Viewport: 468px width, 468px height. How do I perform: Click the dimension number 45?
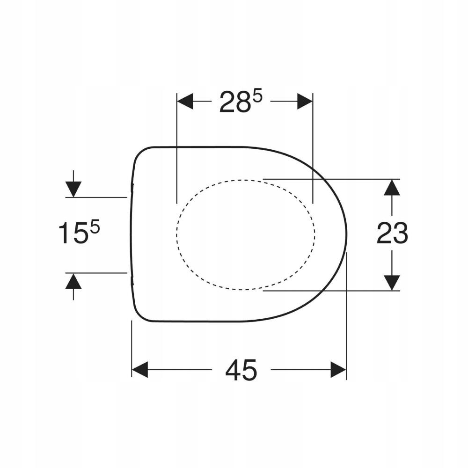coord(241,370)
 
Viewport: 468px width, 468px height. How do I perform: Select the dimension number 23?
coord(392,233)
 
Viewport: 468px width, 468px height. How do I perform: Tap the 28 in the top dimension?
coord(234,102)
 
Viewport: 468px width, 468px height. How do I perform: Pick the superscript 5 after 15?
coord(95,228)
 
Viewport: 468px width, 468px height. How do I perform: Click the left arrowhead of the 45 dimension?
coord(139,370)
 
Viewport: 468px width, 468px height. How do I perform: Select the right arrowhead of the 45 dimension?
coord(338,370)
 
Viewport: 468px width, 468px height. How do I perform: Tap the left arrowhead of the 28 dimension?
coord(185,101)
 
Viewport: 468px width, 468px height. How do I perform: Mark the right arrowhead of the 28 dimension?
coord(305,101)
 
